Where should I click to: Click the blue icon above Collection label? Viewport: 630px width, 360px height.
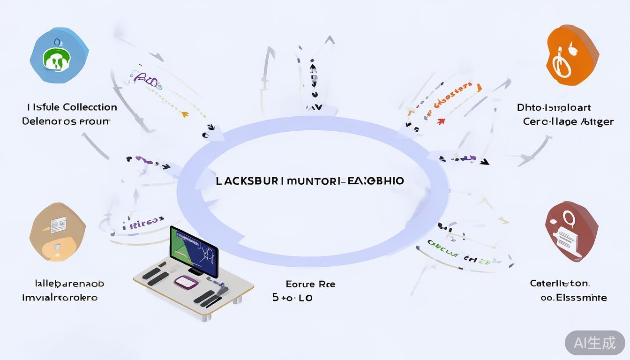point(59,55)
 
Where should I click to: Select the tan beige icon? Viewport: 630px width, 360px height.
point(57,231)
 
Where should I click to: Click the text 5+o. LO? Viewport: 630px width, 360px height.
point(292,297)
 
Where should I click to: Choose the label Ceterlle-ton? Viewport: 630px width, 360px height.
point(559,283)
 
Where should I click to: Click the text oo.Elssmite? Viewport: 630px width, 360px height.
point(573,297)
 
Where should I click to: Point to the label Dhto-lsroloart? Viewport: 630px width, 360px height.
point(554,107)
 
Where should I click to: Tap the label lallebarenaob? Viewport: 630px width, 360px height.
point(69,283)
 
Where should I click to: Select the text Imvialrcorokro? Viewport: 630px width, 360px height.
point(60,297)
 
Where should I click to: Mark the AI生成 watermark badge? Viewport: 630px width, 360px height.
point(595,343)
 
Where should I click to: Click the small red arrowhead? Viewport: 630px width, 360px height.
point(440,122)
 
